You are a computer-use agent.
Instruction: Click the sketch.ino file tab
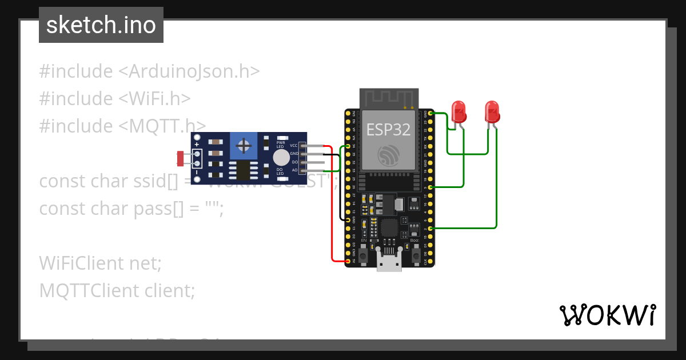click(x=101, y=25)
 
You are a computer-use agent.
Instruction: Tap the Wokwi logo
click(x=607, y=315)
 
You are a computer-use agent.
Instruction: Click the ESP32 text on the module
click(x=388, y=129)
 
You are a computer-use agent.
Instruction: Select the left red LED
click(x=458, y=111)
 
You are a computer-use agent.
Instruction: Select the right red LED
click(x=492, y=111)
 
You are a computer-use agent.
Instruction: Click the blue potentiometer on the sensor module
click(x=244, y=146)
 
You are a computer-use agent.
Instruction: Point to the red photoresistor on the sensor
click(x=181, y=158)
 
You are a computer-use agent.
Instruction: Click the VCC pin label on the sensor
click(x=294, y=146)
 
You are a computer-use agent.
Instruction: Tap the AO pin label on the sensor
click(x=294, y=170)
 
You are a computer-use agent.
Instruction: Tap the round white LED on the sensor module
click(x=281, y=158)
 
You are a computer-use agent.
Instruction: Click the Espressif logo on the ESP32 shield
click(x=389, y=155)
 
